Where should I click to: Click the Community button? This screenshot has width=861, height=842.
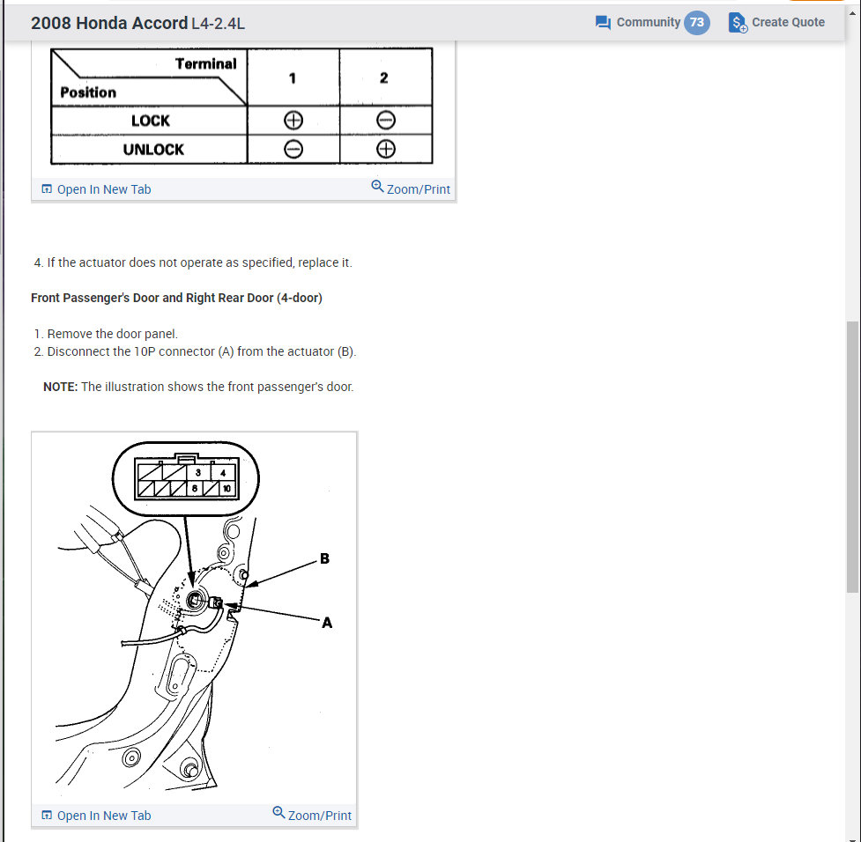(638, 23)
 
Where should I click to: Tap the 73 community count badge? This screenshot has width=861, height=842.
(696, 23)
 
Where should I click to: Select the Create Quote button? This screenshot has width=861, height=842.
(777, 23)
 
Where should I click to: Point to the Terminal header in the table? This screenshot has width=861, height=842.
(205, 63)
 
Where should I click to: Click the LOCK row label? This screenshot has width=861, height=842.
(150, 121)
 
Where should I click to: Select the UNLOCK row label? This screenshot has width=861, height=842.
(153, 149)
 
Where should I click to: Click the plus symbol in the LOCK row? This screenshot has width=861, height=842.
(293, 121)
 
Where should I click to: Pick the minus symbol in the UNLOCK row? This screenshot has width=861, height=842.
(293, 149)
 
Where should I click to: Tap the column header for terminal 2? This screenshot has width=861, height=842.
(384, 78)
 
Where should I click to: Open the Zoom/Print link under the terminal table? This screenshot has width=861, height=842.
(411, 188)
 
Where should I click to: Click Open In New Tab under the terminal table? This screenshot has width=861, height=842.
(96, 189)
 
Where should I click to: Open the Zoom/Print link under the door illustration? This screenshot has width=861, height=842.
(312, 815)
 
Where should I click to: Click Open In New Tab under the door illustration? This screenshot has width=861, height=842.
(96, 816)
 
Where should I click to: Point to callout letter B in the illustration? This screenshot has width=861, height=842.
(324, 558)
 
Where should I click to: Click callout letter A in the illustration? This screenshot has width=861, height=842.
(327, 623)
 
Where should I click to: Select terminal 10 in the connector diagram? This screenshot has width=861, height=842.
(226, 488)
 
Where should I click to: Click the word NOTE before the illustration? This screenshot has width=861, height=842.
(60, 387)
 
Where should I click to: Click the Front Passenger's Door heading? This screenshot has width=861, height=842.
(176, 298)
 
